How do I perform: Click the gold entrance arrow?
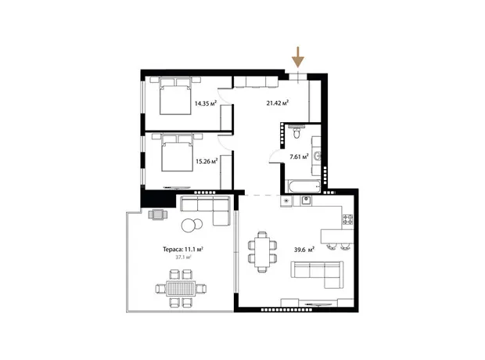click(298, 57)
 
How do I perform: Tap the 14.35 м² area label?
click(206, 103)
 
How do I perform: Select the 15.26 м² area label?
click(207, 161)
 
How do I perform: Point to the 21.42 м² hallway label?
click(278, 103)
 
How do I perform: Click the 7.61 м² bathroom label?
click(299, 157)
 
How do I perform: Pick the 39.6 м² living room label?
click(304, 250)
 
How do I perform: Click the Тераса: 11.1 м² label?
click(183, 249)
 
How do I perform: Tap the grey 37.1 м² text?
click(183, 257)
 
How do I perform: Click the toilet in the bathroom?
click(296, 131)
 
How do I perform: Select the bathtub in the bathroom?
click(304, 186)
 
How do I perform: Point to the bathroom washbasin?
click(317, 156)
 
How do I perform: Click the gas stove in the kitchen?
click(347, 219)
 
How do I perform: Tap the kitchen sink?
click(306, 200)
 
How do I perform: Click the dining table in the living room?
click(262, 252)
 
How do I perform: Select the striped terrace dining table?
click(181, 289)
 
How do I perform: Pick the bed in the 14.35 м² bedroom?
click(175, 96)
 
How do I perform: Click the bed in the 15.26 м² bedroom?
click(178, 153)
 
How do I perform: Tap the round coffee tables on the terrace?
click(192, 225)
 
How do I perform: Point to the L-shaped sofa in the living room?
click(318, 274)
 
